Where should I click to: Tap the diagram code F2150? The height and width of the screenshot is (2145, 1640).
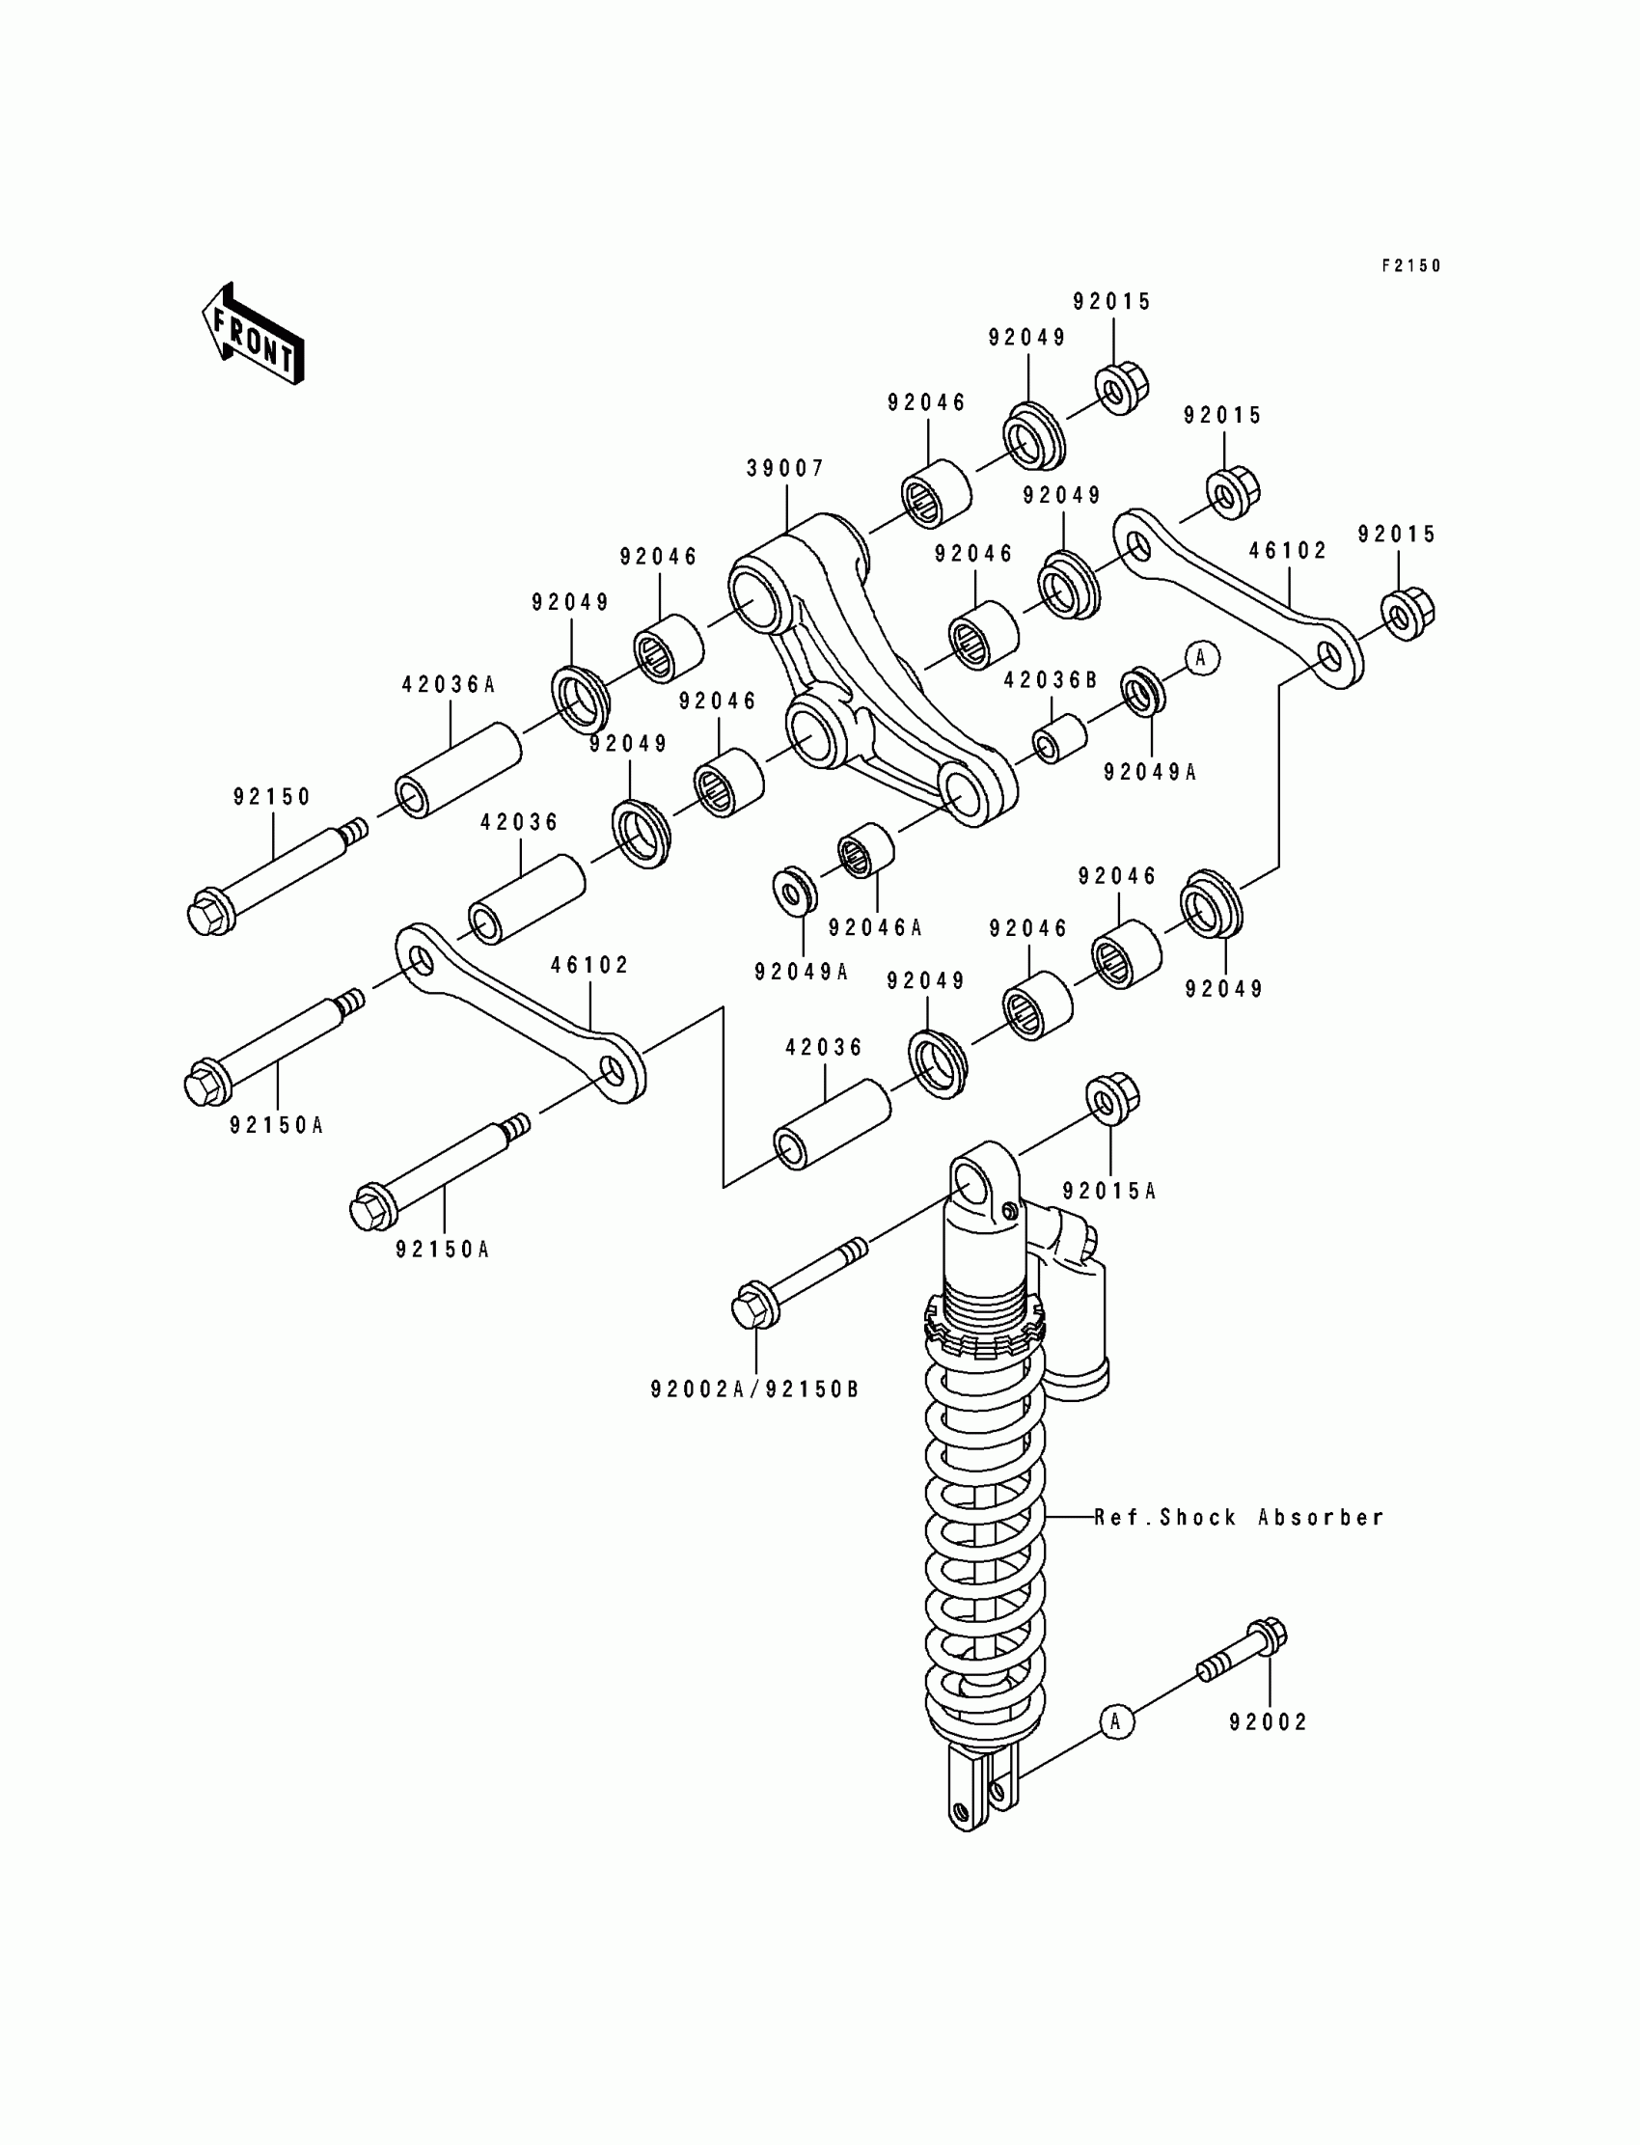[x=1410, y=265]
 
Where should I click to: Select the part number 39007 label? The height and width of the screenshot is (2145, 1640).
[x=786, y=469]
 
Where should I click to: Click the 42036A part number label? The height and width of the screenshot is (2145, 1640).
[x=449, y=685]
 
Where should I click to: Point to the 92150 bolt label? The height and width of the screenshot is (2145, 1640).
[x=272, y=797]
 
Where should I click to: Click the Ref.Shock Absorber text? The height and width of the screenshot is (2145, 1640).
[x=1239, y=1518]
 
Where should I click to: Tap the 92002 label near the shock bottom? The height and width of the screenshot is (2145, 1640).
[x=1268, y=1722]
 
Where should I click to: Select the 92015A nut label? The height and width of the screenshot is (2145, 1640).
[x=1109, y=1191]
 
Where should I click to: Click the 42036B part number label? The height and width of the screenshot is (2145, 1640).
[x=1051, y=680]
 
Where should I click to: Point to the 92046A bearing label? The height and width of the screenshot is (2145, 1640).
[x=875, y=927]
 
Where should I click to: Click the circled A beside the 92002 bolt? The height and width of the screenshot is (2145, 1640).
[x=1117, y=1721]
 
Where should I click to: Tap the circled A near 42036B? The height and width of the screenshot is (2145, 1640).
[x=1202, y=658]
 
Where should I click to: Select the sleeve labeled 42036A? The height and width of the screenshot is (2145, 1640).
[x=458, y=769]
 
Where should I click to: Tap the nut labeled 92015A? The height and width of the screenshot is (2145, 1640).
[x=1112, y=1097]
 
